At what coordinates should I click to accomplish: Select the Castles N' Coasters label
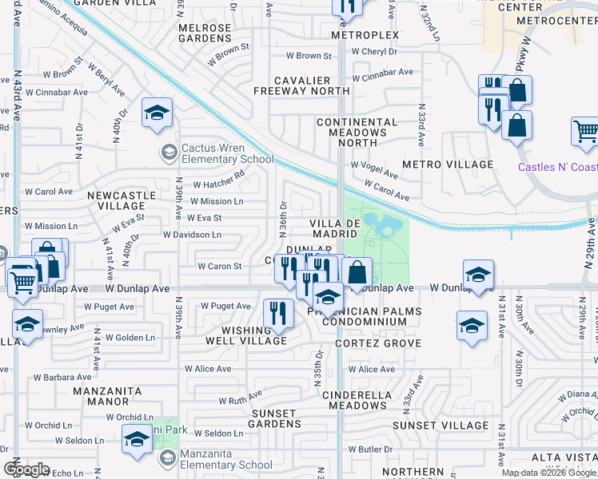click(557, 167)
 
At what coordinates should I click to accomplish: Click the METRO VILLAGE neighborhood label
click(448, 164)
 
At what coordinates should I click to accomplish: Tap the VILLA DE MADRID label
click(334, 228)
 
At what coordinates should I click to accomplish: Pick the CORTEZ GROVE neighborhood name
click(378, 343)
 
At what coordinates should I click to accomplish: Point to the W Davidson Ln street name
click(192, 235)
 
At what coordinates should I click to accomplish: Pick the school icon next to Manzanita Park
click(137, 438)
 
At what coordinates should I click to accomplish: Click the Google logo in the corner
click(26, 469)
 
